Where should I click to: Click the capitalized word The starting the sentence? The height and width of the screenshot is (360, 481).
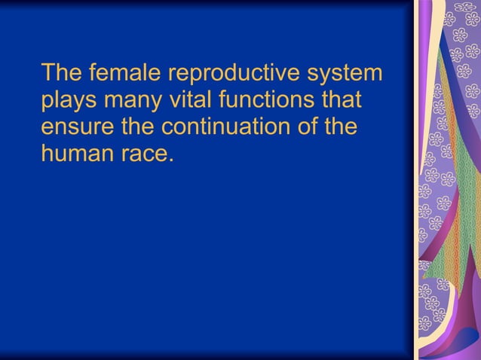(x=62, y=74)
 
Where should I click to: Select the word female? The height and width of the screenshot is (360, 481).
(x=121, y=74)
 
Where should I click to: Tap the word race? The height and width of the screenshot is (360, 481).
(x=143, y=152)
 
